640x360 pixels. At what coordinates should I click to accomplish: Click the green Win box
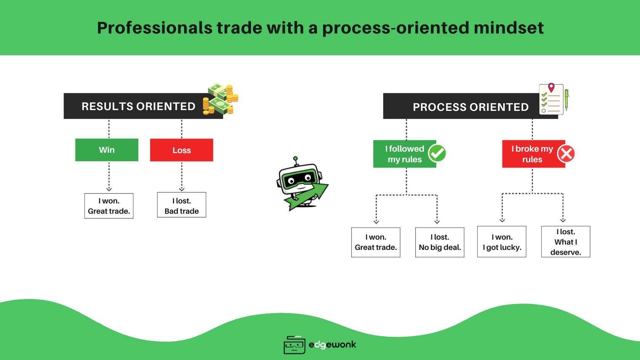(x=107, y=150)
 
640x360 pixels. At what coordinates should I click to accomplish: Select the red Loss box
(x=181, y=150)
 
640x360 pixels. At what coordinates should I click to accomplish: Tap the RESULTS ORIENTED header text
(x=138, y=106)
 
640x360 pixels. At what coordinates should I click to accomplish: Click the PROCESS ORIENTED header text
(x=470, y=107)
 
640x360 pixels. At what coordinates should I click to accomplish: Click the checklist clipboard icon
(x=551, y=99)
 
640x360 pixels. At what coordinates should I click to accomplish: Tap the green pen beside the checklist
(x=566, y=99)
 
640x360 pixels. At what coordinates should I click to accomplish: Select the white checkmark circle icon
(x=437, y=154)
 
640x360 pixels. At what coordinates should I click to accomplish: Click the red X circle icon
(x=566, y=154)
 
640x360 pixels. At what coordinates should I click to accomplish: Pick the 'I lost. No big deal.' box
(x=440, y=242)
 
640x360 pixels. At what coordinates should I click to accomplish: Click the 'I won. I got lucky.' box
(x=502, y=242)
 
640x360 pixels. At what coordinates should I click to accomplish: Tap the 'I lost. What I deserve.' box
(x=566, y=242)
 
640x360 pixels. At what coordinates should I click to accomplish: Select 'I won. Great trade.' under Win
(x=109, y=206)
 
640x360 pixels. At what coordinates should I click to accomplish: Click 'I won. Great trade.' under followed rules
(x=376, y=242)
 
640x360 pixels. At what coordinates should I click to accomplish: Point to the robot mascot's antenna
(x=295, y=159)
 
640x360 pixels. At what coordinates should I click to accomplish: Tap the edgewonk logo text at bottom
(x=332, y=345)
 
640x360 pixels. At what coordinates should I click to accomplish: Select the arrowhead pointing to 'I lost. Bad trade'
(x=182, y=189)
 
